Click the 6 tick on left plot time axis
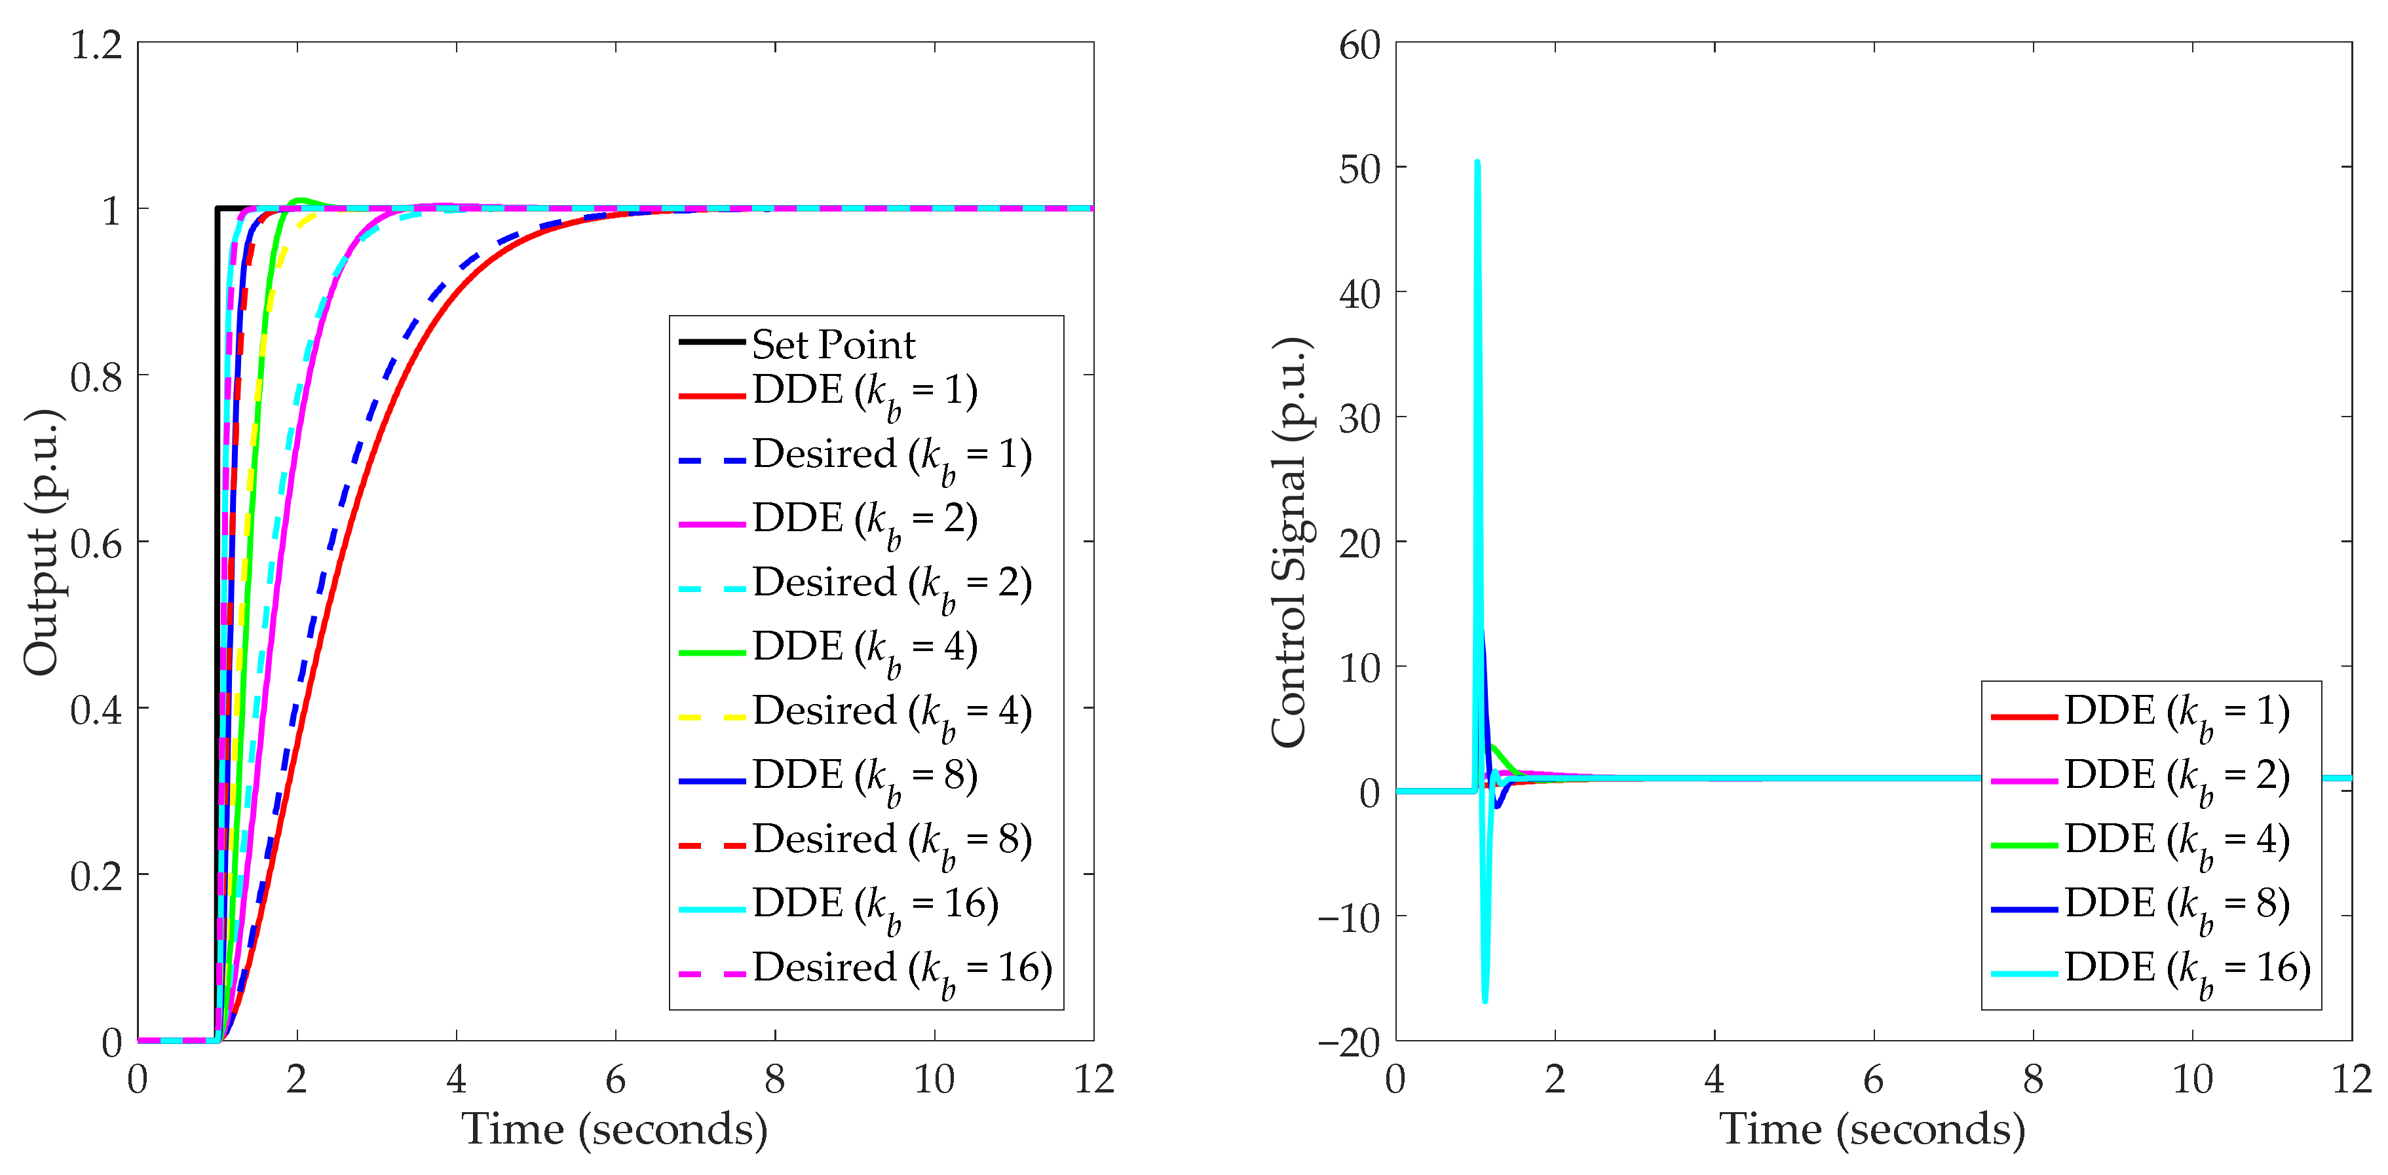616,1079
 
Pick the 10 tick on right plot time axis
2192,1079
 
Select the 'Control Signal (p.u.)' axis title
1289,542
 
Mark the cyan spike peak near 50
1477,163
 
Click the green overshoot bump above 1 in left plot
299,200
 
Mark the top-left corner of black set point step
217,208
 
